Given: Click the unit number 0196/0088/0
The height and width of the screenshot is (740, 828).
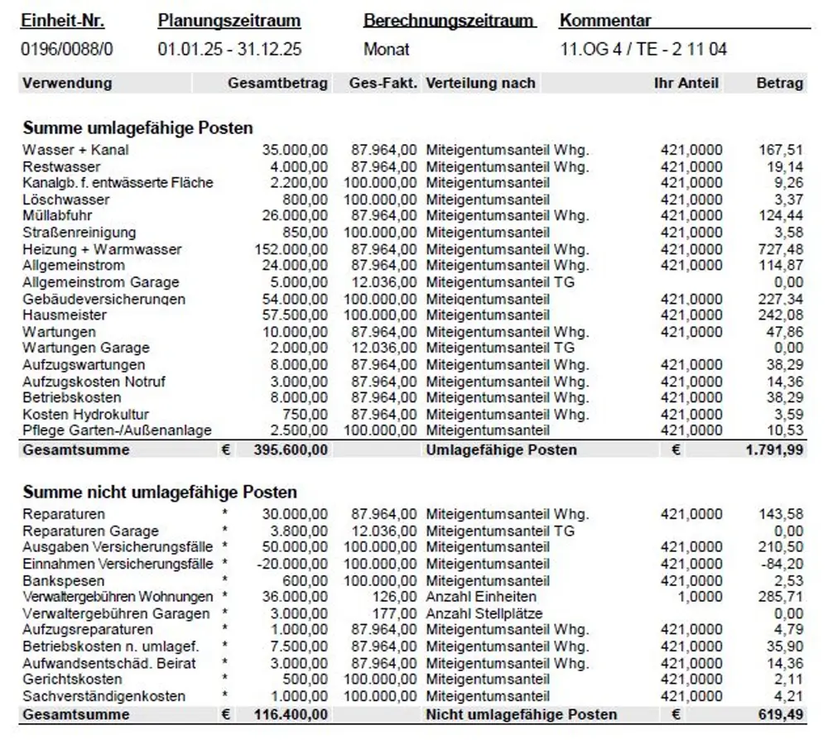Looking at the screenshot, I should tap(67, 50).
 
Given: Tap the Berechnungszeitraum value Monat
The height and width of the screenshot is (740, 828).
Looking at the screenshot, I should tap(387, 50).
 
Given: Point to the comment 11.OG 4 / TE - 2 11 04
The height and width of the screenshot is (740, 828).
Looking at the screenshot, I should tap(643, 50).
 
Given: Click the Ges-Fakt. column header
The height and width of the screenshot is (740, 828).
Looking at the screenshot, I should tap(383, 83).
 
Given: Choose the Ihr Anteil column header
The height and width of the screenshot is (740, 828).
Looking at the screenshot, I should tap(686, 83).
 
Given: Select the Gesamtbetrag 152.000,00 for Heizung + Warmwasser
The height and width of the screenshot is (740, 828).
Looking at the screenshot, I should tap(291, 249).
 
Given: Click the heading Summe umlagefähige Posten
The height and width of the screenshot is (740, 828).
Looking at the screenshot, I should tap(137, 127).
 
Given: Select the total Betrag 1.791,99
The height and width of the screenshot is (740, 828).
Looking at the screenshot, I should tap(773, 449).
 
